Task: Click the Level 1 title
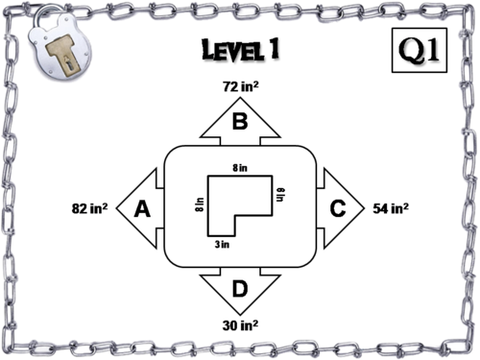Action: pos(241,50)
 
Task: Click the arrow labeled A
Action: pos(142,208)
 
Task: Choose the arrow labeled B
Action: pos(240,119)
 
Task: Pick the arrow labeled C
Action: pos(338,207)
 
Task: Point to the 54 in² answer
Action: pos(392,207)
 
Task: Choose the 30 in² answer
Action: pos(239,324)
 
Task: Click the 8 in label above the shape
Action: pos(240,168)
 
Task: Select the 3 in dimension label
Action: pos(222,245)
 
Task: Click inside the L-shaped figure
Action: pos(226,206)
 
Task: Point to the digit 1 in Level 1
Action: pos(278,50)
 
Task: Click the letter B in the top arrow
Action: pos(240,122)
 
